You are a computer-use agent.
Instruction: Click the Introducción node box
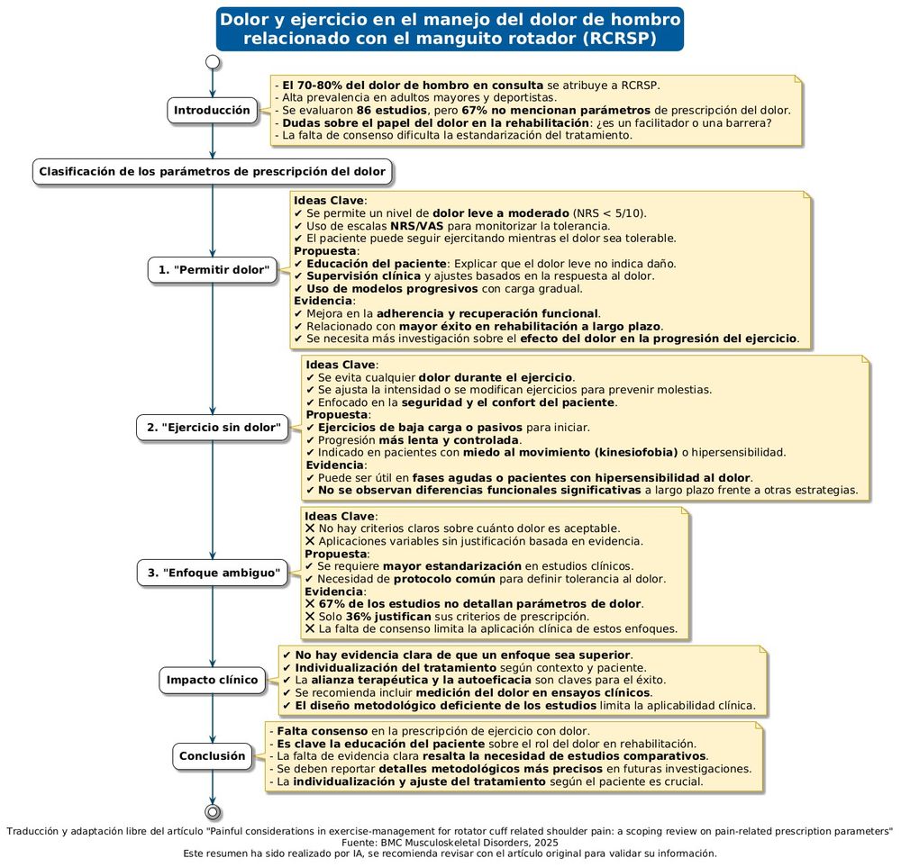click(212, 110)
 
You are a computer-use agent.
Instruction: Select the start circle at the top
click(212, 62)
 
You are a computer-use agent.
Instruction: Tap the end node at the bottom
click(212, 810)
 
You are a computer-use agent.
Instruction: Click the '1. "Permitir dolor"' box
click(212, 269)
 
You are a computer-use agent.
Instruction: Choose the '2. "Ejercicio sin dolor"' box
click(212, 426)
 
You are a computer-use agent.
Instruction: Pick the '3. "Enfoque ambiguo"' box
click(212, 573)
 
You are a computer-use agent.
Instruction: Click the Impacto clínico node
click(212, 680)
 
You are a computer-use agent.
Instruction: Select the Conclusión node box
click(212, 756)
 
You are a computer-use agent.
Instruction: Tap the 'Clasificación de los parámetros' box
click(212, 171)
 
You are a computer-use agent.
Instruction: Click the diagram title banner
click(450, 29)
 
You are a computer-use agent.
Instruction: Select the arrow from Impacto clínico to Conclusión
click(212, 718)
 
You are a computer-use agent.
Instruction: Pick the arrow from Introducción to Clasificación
click(212, 141)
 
